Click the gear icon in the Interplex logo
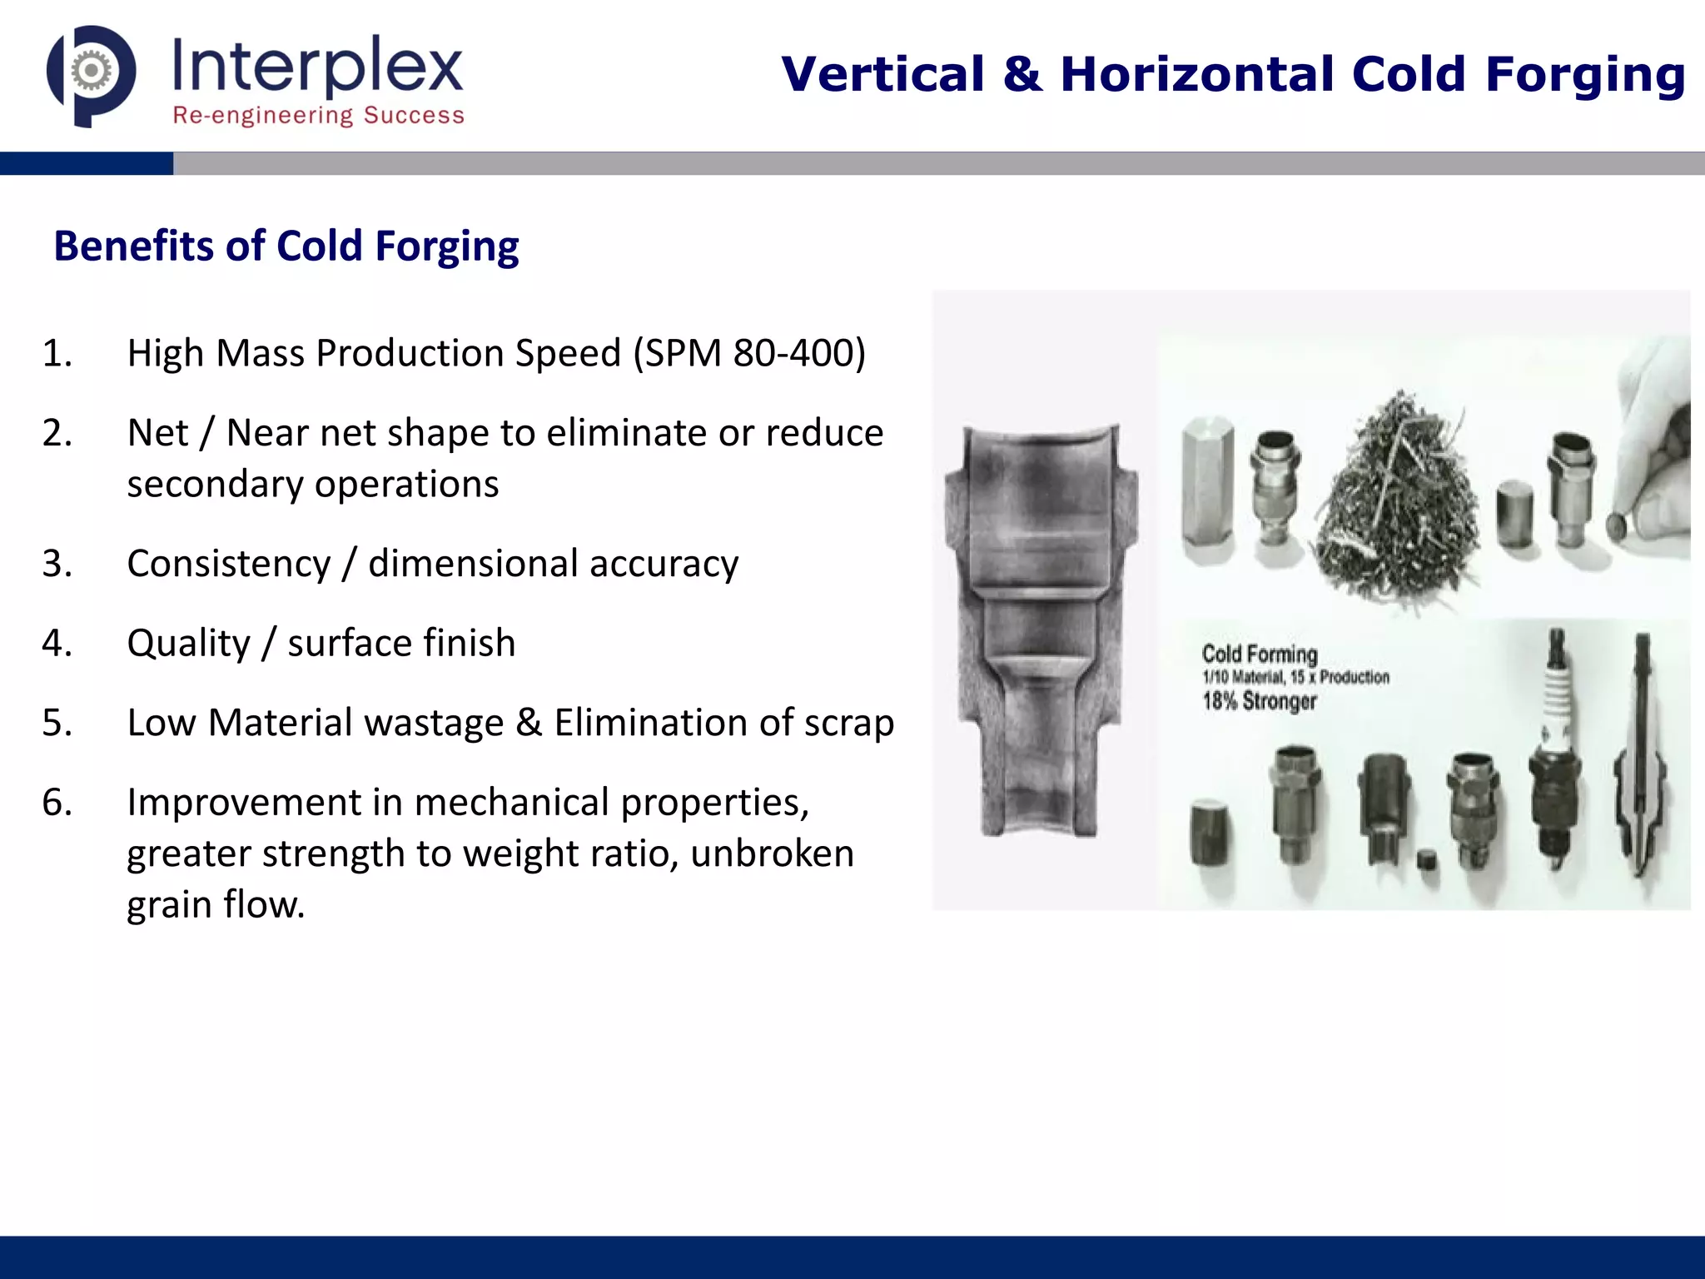point(91,72)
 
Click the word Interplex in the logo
point(317,67)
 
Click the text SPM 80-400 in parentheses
point(749,353)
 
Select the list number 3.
point(57,564)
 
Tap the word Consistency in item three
point(229,564)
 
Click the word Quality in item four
point(188,643)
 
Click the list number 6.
point(57,802)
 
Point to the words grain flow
point(215,904)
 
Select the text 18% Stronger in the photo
point(1259,701)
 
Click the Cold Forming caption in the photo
point(1260,654)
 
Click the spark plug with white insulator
point(1555,749)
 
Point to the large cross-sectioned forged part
point(1041,633)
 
